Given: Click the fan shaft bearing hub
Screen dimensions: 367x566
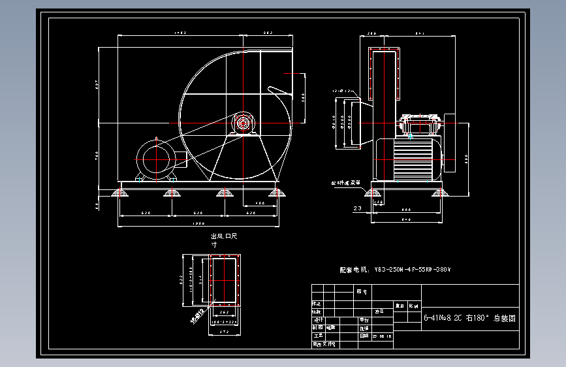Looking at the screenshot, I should [244, 123].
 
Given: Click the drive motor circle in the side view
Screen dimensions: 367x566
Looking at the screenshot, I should [155, 159].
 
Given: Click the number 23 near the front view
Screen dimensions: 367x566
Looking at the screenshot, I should [357, 208].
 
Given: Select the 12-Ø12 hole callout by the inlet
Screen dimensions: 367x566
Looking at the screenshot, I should [342, 91].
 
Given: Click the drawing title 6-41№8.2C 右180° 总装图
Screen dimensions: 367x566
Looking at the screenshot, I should [469, 319].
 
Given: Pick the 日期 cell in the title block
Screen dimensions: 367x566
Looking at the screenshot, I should [364, 336].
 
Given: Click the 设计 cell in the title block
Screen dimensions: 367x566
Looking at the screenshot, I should [317, 320].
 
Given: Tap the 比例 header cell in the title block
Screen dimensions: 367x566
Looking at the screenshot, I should [414, 305].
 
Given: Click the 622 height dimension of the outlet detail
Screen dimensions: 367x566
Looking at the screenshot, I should [181, 280].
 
